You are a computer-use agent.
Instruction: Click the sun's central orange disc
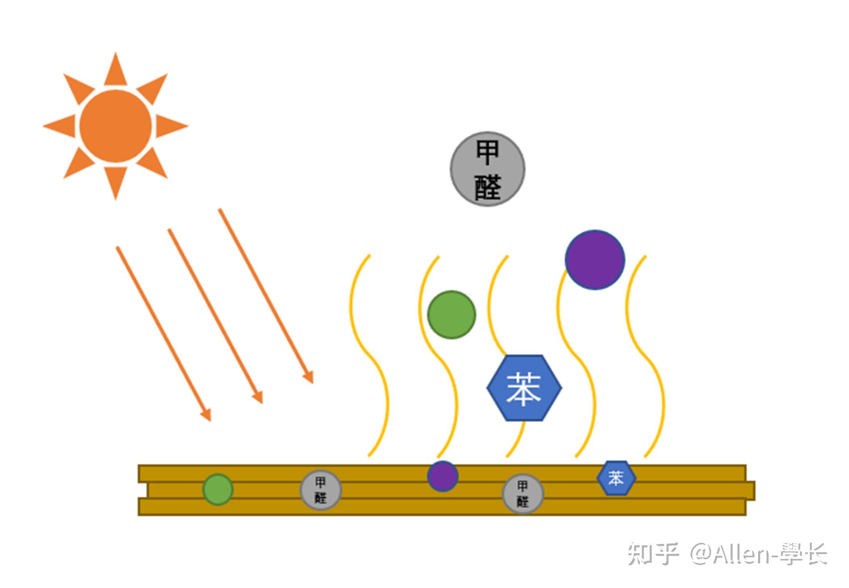(x=116, y=126)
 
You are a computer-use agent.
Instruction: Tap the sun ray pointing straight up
(x=116, y=71)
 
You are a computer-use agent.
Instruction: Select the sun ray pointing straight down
(x=116, y=182)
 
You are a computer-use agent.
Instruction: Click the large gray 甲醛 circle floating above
(x=488, y=169)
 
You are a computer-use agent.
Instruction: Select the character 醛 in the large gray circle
(x=488, y=187)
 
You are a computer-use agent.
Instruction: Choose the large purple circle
(x=595, y=260)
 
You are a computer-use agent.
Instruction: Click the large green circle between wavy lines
(x=452, y=314)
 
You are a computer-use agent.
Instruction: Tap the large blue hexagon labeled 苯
(x=524, y=388)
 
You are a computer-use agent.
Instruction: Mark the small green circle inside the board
(x=218, y=489)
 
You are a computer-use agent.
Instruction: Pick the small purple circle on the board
(x=443, y=476)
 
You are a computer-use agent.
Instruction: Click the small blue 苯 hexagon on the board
(x=616, y=478)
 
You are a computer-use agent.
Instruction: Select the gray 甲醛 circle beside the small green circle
(x=321, y=490)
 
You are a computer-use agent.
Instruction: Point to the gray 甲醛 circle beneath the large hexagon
(x=523, y=493)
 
